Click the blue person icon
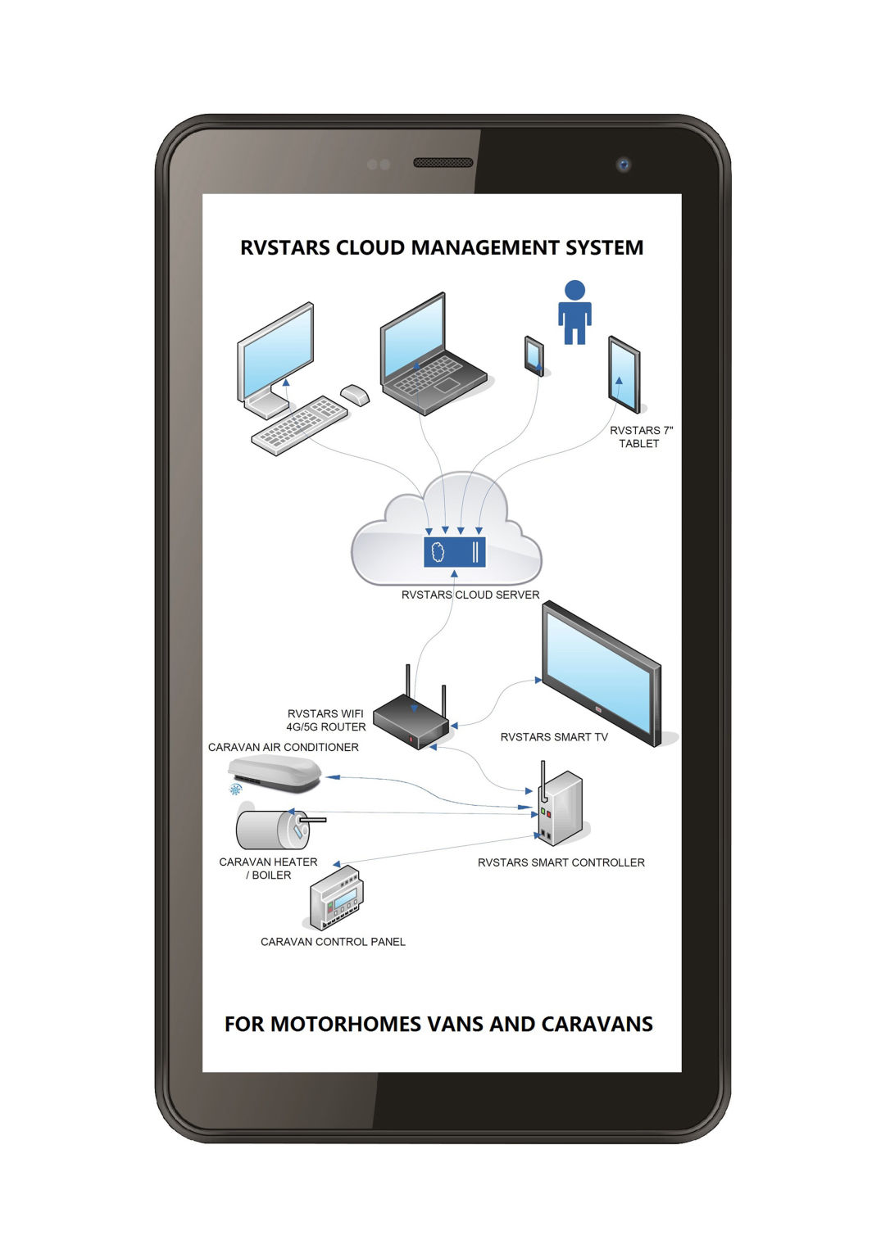574,313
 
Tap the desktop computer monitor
276,353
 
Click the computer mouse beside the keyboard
354,394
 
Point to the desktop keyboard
300,424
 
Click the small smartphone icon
534,355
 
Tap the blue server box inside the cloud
454,551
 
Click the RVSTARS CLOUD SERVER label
470,595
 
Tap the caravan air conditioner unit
275,772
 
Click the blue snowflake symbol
235,790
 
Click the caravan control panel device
336,898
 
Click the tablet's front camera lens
624,165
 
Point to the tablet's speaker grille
443,163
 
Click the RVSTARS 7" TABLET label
640,437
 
